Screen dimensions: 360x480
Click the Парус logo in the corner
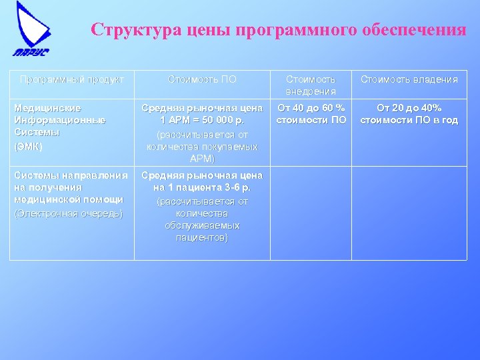31,30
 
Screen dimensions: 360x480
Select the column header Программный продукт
72,79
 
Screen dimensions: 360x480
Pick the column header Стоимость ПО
202,79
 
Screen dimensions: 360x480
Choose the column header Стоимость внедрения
311,85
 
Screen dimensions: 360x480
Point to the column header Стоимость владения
409,79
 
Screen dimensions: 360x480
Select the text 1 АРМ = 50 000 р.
202,120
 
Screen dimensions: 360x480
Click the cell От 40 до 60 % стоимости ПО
311,113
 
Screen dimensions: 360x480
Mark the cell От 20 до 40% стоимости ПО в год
409,113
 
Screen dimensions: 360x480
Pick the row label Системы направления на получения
71,181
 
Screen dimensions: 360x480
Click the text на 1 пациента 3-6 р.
202,188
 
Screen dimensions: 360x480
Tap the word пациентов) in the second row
202,237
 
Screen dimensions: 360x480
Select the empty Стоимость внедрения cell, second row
311,213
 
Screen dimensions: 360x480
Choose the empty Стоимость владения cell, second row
409,213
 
